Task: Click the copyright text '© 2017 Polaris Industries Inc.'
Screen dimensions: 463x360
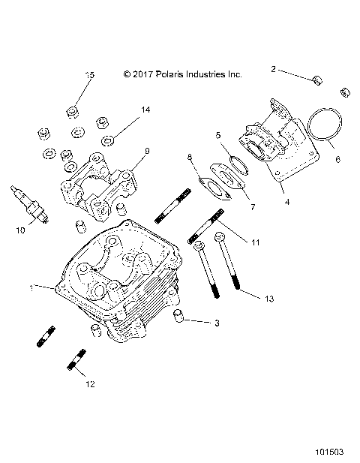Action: point(182,75)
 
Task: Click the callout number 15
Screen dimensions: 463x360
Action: point(90,75)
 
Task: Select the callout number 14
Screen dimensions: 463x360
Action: point(145,110)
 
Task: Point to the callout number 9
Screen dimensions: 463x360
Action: point(146,151)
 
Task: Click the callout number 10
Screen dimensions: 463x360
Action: point(20,230)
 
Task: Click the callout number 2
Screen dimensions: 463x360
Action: point(274,69)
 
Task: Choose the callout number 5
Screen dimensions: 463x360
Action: point(218,136)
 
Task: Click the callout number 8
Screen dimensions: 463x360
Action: point(190,157)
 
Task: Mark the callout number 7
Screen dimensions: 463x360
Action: point(231,206)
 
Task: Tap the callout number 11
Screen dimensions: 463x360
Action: point(256,242)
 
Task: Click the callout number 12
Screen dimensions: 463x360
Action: point(91,385)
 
